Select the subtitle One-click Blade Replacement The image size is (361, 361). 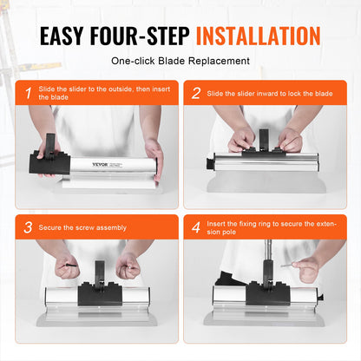coord(180,62)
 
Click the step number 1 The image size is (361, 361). coord(27,92)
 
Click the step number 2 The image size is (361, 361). coord(195,92)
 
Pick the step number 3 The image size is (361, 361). coord(27,227)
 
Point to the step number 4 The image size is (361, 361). coord(195,227)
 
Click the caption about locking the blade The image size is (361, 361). coord(269,92)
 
